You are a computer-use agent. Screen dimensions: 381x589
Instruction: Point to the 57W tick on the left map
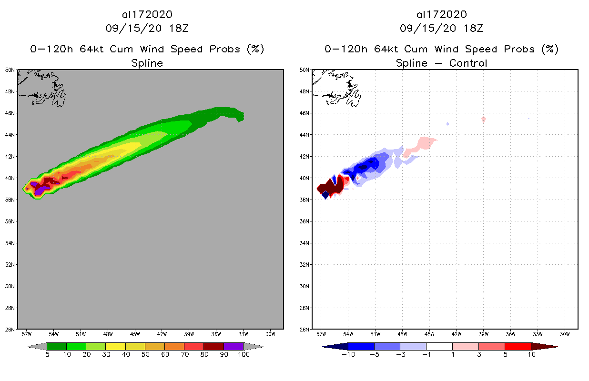tap(27, 334)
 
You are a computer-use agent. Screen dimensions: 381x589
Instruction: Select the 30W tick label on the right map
tap(565, 334)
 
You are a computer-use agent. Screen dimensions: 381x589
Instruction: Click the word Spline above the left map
tap(147, 63)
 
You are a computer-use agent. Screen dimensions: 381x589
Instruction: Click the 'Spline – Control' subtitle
tap(441, 63)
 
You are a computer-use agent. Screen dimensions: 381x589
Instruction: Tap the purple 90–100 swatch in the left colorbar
tap(234, 346)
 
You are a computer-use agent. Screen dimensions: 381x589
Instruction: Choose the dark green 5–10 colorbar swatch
tap(57, 346)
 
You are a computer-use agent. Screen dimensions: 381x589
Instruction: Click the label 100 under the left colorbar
tap(244, 354)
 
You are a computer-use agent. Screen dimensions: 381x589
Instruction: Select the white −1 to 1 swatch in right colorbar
tap(439, 346)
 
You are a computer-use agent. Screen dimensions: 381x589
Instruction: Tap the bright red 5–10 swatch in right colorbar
tap(518, 346)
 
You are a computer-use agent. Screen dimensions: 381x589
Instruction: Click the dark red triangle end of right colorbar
tap(543, 346)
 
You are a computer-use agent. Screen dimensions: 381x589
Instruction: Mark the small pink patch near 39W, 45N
tap(484, 120)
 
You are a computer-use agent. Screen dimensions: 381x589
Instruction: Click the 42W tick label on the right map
tap(456, 334)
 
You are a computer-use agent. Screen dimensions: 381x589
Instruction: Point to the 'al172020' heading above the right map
tap(441, 15)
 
